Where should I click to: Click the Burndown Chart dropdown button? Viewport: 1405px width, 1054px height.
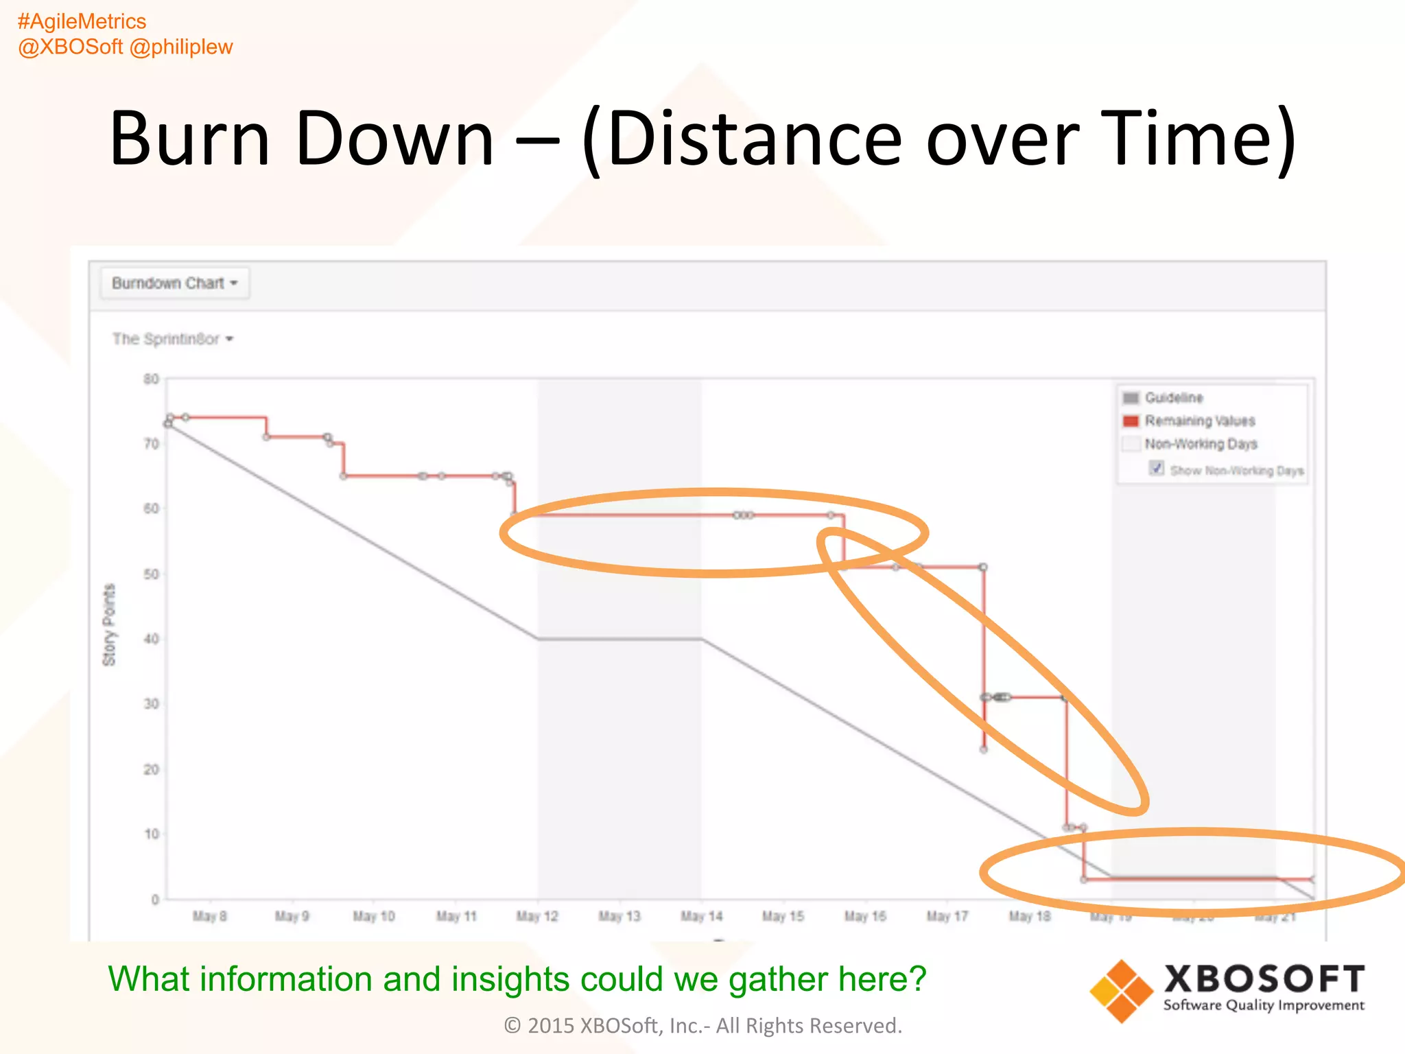point(175,283)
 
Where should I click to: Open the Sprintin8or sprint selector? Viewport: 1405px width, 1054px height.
point(173,339)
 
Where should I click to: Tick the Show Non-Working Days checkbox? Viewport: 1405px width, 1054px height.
point(1157,469)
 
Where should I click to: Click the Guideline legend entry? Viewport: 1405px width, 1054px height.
point(1173,398)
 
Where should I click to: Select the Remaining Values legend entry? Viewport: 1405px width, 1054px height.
point(1199,421)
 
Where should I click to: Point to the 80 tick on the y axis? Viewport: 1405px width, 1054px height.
point(151,379)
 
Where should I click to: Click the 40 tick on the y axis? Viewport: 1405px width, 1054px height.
point(151,639)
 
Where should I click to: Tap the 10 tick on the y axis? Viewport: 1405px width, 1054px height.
point(151,834)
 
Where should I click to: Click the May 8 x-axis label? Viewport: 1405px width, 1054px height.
point(209,917)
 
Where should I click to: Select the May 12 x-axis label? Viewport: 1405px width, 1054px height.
point(537,917)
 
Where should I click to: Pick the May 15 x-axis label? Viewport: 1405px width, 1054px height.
point(783,917)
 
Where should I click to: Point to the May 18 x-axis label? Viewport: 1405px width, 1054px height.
point(1029,917)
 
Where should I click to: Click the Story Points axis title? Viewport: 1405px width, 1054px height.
point(109,625)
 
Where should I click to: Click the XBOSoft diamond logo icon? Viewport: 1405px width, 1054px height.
point(1121,991)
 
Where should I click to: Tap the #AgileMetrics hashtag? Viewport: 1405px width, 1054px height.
point(82,22)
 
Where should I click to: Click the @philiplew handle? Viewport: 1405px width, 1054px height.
point(181,47)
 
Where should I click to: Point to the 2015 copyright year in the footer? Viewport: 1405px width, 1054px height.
point(550,1026)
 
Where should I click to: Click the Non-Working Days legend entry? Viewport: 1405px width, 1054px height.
point(1201,444)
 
